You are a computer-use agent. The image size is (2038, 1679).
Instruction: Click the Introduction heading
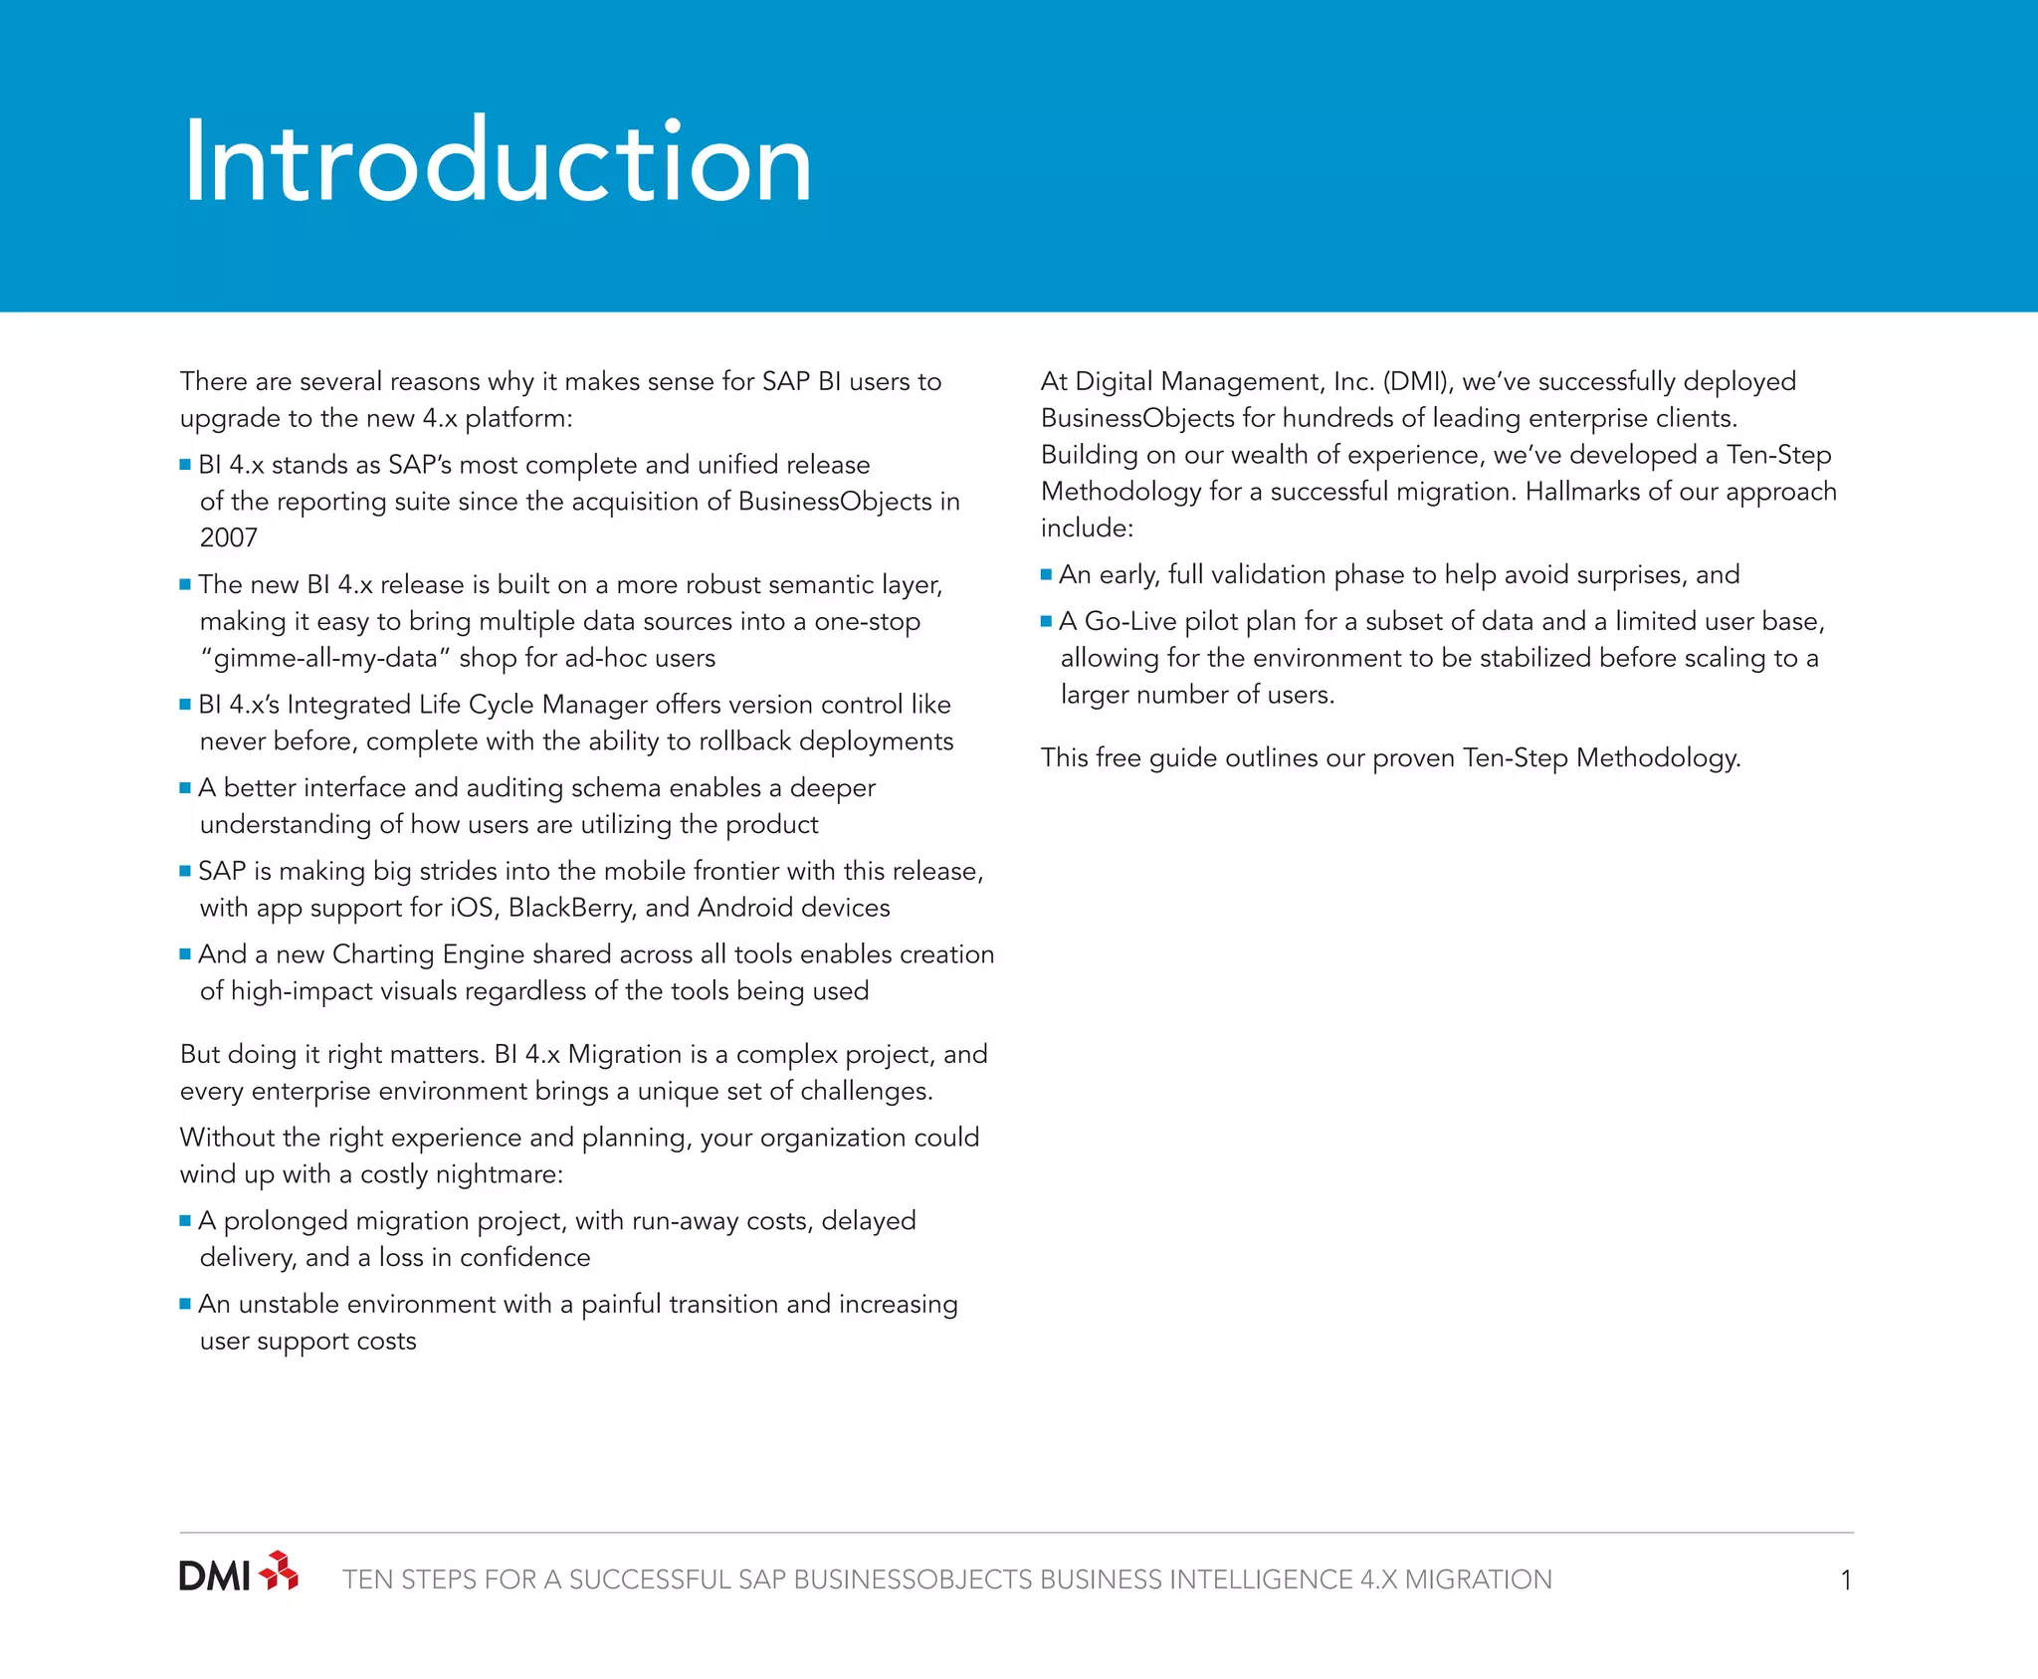497,162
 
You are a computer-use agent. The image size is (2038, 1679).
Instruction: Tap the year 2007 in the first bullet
229,538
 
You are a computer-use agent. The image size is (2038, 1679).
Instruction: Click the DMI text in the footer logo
214,1576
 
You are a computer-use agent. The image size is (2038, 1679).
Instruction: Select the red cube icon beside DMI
279,1571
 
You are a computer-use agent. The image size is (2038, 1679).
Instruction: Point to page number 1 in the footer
1846,1580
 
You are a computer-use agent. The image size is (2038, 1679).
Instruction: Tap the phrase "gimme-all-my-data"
326,659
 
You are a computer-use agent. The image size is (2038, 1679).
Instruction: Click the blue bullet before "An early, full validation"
1046,574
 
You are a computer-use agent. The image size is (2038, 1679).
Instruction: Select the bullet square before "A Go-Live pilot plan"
1046,621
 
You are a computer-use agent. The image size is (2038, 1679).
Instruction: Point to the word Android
745,908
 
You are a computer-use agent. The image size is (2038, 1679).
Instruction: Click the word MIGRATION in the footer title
1478,1580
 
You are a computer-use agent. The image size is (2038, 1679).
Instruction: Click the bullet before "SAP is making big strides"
185,871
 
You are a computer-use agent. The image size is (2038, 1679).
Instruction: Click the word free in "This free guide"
1119,758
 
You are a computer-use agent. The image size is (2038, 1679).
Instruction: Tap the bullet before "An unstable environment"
185,1304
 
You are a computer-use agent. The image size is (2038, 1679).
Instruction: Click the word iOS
474,908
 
